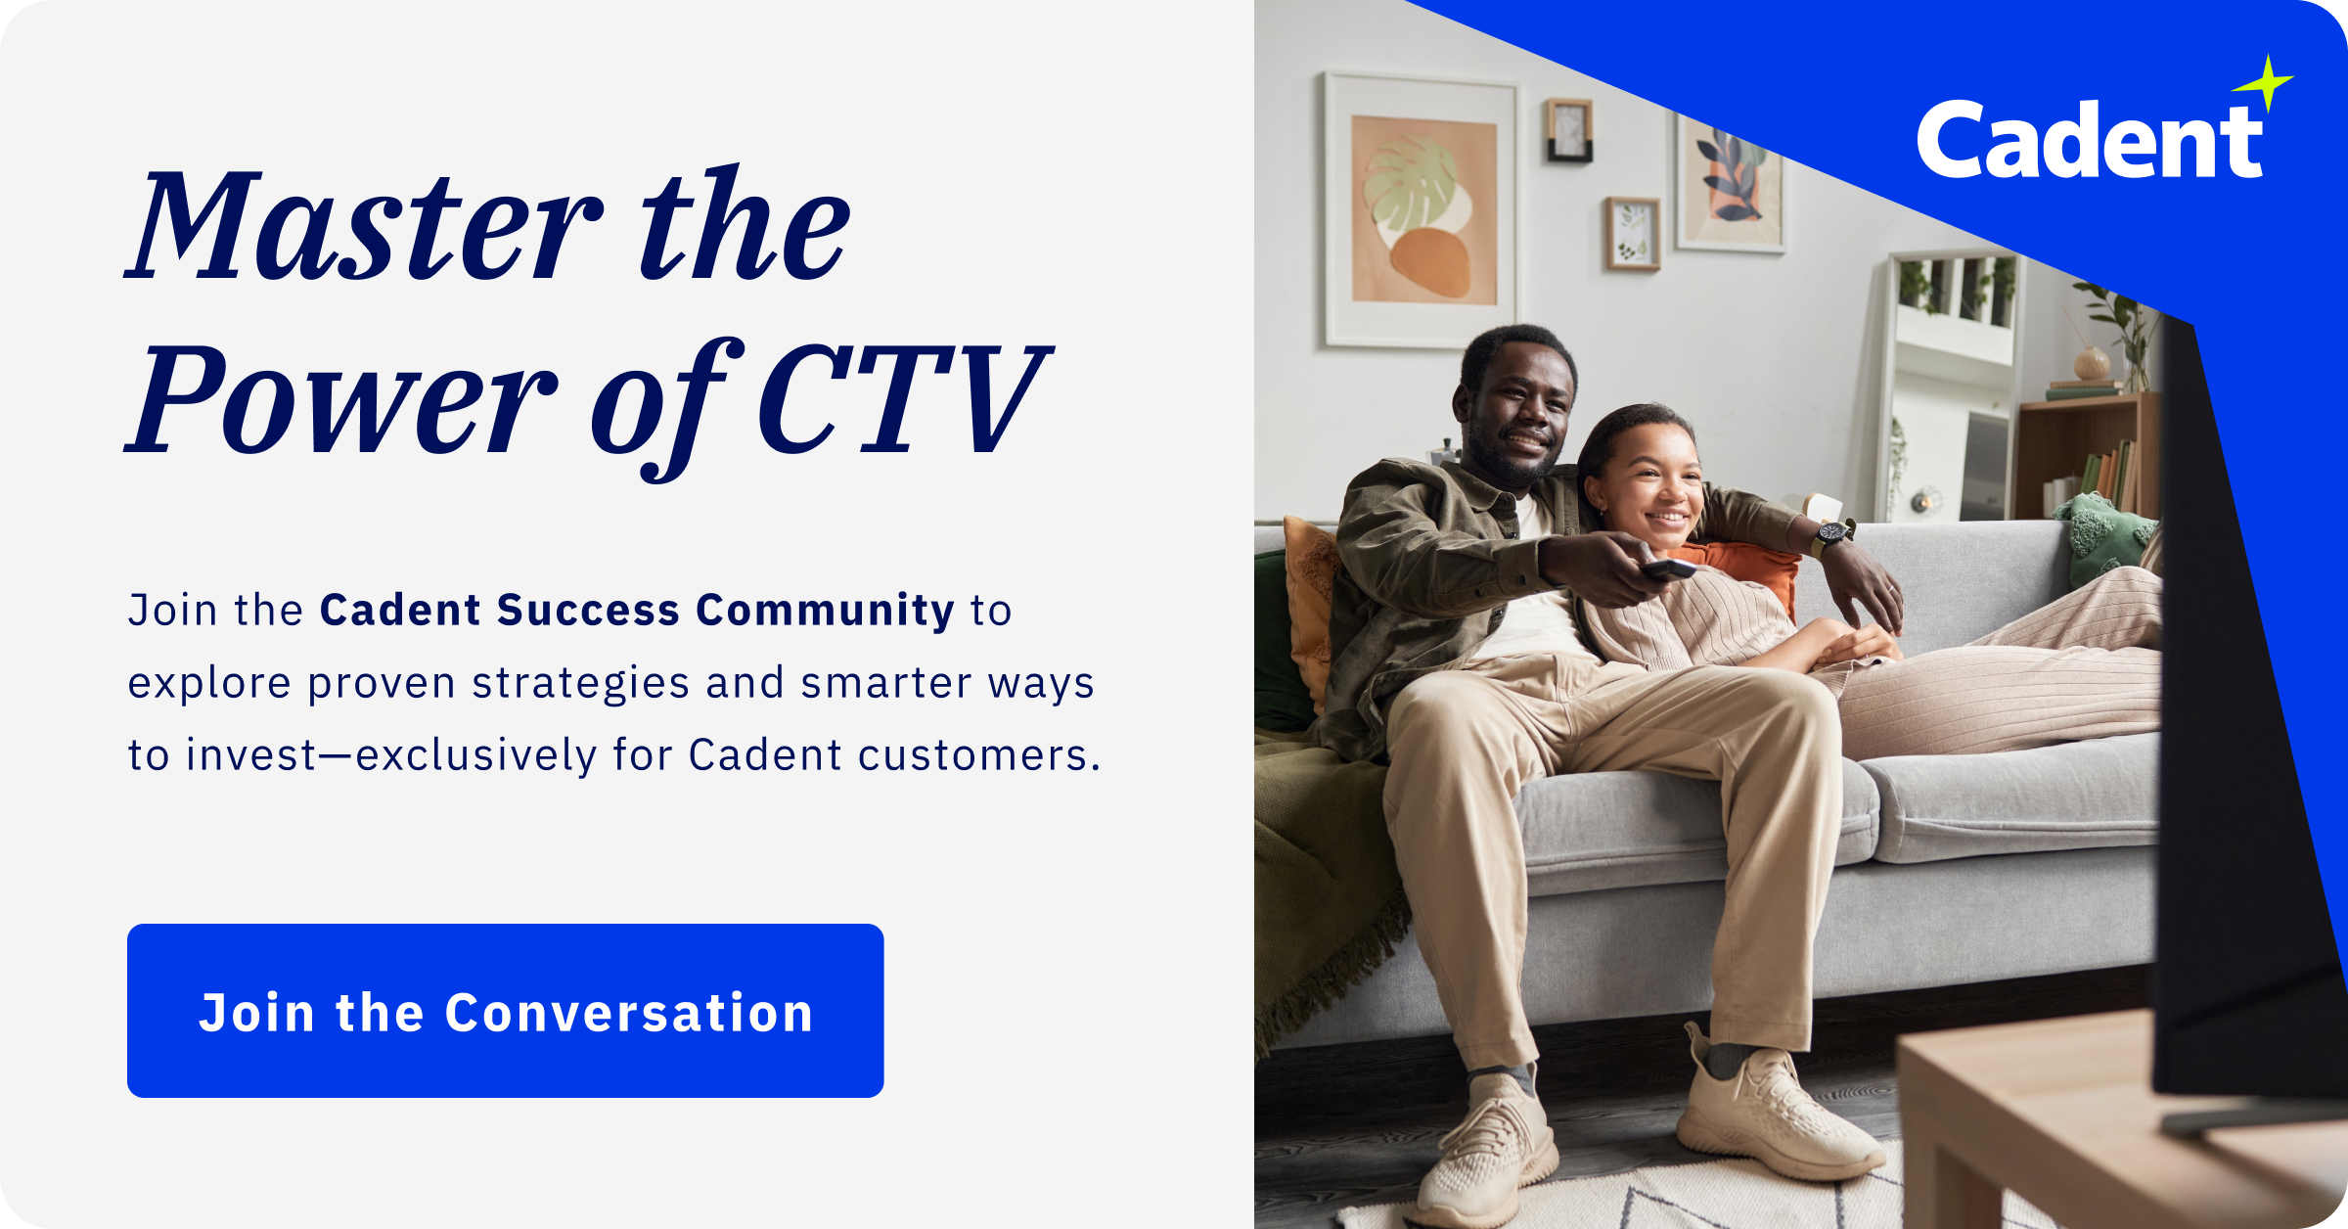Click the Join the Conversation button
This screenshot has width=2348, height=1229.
click(x=505, y=1011)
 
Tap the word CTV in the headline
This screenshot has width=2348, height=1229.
click(x=900, y=401)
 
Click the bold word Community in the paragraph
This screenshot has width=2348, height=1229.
click(x=825, y=611)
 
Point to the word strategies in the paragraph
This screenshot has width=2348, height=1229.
click(x=580, y=684)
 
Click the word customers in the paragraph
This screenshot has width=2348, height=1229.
click(x=978, y=755)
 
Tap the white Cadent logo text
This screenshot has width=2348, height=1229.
click(x=2089, y=142)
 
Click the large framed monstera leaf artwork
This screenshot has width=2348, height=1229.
click(x=1422, y=209)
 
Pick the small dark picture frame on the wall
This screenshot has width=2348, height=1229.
click(x=1569, y=130)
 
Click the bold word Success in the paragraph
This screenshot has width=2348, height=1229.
click(x=588, y=611)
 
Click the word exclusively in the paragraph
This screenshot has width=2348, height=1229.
click(x=475, y=755)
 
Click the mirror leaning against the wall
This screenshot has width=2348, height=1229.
click(x=1947, y=391)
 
